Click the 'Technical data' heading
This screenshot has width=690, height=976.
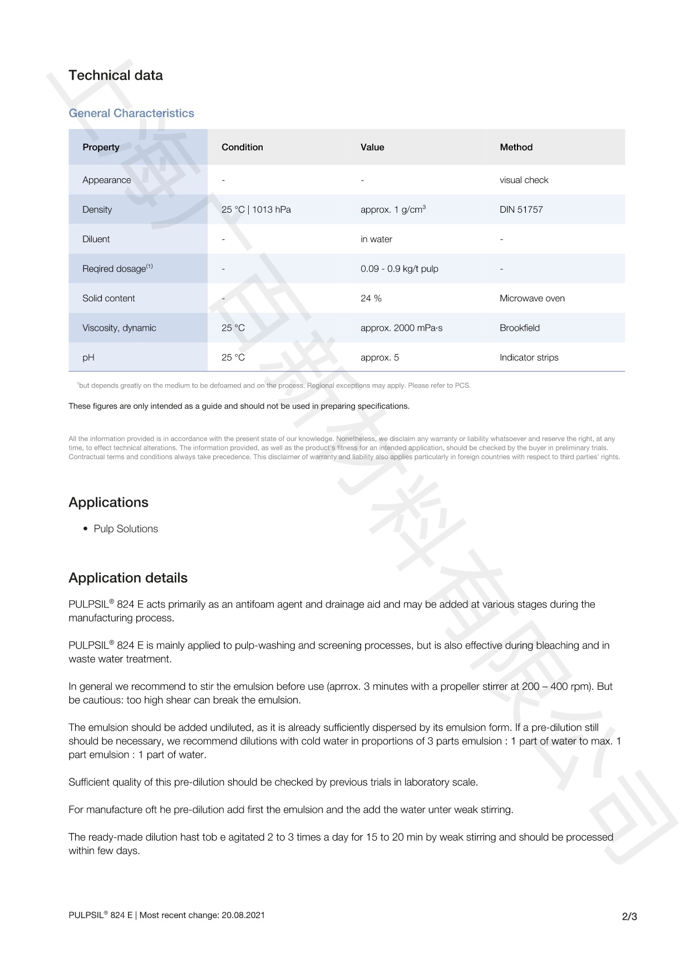(x=116, y=76)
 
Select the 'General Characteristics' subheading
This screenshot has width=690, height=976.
(x=131, y=114)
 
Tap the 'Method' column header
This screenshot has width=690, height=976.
(x=516, y=148)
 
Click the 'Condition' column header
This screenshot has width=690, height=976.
(x=242, y=148)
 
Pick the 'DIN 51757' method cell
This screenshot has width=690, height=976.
(x=521, y=210)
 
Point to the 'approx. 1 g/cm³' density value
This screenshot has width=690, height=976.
(x=393, y=210)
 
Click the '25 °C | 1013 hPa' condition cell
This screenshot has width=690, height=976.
(x=256, y=210)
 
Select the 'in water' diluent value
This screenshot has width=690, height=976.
(x=376, y=239)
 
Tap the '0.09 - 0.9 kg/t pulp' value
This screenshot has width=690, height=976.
(x=399, y=269)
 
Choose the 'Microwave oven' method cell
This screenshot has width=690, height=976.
(x=532, y=298)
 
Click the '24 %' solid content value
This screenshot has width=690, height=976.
(x=371, y=298)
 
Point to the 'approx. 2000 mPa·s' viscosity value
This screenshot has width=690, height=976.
(x=401, y=328)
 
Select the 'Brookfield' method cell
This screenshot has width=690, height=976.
(x=519, y=328)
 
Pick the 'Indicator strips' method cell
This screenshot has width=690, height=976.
(x=529, y=357)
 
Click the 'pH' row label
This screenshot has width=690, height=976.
(x=88, y=357)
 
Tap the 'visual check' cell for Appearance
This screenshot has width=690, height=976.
(x=524, y=180)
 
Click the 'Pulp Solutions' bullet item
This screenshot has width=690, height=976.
(x=126, y=529)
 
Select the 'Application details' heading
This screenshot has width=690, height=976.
(x=128, y=578)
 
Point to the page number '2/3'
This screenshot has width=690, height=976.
(x=629, y=916)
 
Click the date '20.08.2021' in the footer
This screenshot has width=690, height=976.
(x=243, y=915)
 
